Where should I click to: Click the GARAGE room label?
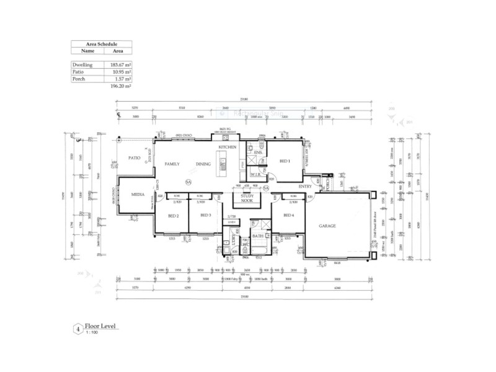(x=327, y=226)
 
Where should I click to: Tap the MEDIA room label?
(x=138, y=194)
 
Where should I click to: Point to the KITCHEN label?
(x=227, y=147)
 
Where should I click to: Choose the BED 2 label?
(x=174, y=215)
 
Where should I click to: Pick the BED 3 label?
(x=205, y=215)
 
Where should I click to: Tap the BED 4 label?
(x=288, y=215)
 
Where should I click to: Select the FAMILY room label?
(x=171, y=164)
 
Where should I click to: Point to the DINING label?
(x=203, y=164)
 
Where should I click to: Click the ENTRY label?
(x=305, y=186)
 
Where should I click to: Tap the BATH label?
(x=258, y=236)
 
